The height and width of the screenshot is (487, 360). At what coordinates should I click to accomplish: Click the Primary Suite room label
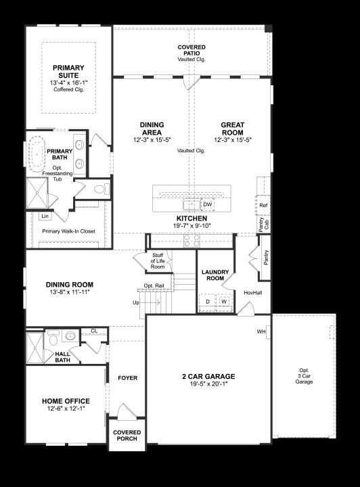pyautogui.click(x=68, y=72)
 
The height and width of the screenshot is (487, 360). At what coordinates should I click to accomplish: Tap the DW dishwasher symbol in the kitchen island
pyautogui.click(x=208, y=205)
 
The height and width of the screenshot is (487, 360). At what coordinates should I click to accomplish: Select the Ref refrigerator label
pyautogui.click(x=263, y=206)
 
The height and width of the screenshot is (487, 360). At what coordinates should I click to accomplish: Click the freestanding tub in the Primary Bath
pyautogui.click(x=37, y=153)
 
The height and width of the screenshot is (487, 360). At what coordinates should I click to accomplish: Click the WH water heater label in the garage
pyautogui.click(x=261, y=331)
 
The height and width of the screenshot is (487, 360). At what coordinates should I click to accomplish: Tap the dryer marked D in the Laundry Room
pyautogui.click(x=208, y=302)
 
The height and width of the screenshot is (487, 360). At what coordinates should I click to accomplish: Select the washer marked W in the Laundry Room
pyautogui.click(x=224, y=302)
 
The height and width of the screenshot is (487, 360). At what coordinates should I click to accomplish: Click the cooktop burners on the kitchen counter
pyautogui.click(x=192, y=241)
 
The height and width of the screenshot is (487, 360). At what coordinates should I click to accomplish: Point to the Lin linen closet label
pyautogui.click(x=45, y=216)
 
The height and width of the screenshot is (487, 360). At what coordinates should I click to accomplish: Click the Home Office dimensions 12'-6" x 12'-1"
pyautogui.click(x=66, y=409)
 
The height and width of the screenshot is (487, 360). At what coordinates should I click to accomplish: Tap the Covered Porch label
pyautogui.click(x=127, y=436)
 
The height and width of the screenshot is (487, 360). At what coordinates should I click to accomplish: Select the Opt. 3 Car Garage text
pyautogui.click(x=304, y=376)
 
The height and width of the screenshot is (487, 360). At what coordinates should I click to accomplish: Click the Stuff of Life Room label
pyautogui.click(x=158, y=261)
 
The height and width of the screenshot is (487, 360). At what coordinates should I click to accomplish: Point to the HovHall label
pyautogui.click(x=253, y=293)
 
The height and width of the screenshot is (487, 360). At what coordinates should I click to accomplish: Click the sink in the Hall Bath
pyautogui.click(x=71, y=335)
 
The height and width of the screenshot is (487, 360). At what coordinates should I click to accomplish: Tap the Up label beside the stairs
pyautogui.click(x=136, y=302)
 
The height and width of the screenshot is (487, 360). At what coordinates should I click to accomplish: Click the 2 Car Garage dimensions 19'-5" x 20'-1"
pyautogui.click(x=208, y=384)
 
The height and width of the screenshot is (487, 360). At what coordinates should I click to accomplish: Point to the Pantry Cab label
pyautogui.click(x=263, y=224)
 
